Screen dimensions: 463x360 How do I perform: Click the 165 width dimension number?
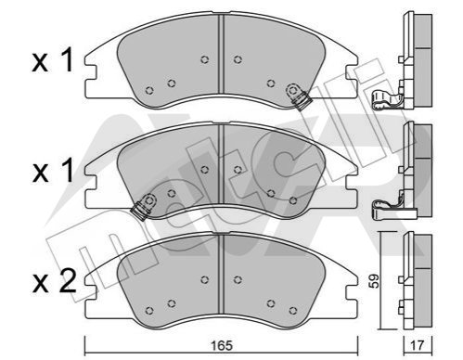[x=222, y=346]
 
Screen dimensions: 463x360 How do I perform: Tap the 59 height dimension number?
[x=375, y=281]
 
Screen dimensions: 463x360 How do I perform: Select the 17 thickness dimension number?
[x=418, y=346]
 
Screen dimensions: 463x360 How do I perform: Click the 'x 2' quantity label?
[x=54, y=282]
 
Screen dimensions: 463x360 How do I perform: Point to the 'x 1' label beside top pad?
[x=53, y=60]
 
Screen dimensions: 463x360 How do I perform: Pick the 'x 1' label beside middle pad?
[x=53, y=171]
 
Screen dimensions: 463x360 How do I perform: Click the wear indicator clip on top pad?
[x=299, y=96]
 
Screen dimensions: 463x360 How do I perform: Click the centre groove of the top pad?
[x=221, y=54]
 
